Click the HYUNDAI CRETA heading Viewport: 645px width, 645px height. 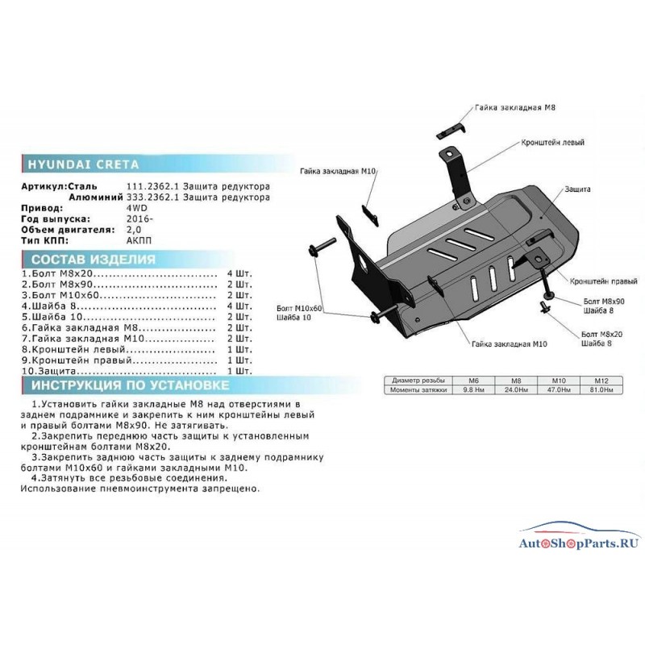pos(84,164)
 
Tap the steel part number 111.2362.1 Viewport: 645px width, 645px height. pos(152,186)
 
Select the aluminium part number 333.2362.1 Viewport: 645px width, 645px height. pos(152,198)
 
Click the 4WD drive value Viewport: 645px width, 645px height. pos(136,208)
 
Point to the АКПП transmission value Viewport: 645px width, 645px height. pos(139,240)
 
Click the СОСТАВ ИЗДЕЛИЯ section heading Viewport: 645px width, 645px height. pos(94,260)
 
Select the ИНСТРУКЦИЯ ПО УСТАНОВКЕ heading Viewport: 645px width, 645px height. pos(131,385)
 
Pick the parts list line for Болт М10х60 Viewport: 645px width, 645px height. pos(136,295)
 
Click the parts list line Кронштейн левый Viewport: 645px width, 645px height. pos(136,350)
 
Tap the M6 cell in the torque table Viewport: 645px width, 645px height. pos(473,381)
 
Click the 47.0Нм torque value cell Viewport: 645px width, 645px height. pos(559,389)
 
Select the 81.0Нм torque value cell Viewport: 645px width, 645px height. pos(601,389)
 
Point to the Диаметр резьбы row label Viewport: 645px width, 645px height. pos(418,381)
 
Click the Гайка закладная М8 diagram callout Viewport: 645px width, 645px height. pos(515,108)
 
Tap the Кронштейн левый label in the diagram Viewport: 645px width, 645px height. pos(552,143)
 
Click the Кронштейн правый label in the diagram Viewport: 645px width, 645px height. pos(603,281)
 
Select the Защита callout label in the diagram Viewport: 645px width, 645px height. pos(577,189)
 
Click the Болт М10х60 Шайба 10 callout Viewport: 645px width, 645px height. pos(299,313)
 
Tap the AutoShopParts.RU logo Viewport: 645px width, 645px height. pos(579,537)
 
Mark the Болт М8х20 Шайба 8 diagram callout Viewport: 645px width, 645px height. pos(601,339)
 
